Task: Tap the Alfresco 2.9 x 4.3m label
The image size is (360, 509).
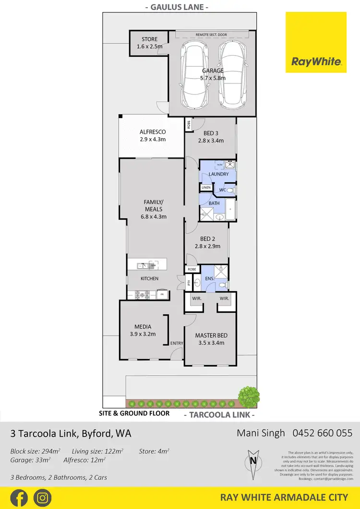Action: (152, 135)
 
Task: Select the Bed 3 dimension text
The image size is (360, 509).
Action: (211, 141)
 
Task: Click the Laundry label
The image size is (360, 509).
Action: (218, 174)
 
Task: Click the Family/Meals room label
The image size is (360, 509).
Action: (153, 209)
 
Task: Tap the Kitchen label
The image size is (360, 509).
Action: (149, 279)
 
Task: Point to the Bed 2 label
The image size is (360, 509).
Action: (207, 243)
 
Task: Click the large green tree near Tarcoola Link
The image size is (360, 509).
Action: (249, 396)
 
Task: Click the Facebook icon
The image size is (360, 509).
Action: (19, 497)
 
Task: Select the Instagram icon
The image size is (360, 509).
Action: (43, 497)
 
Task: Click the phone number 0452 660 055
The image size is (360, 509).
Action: (322, 433)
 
